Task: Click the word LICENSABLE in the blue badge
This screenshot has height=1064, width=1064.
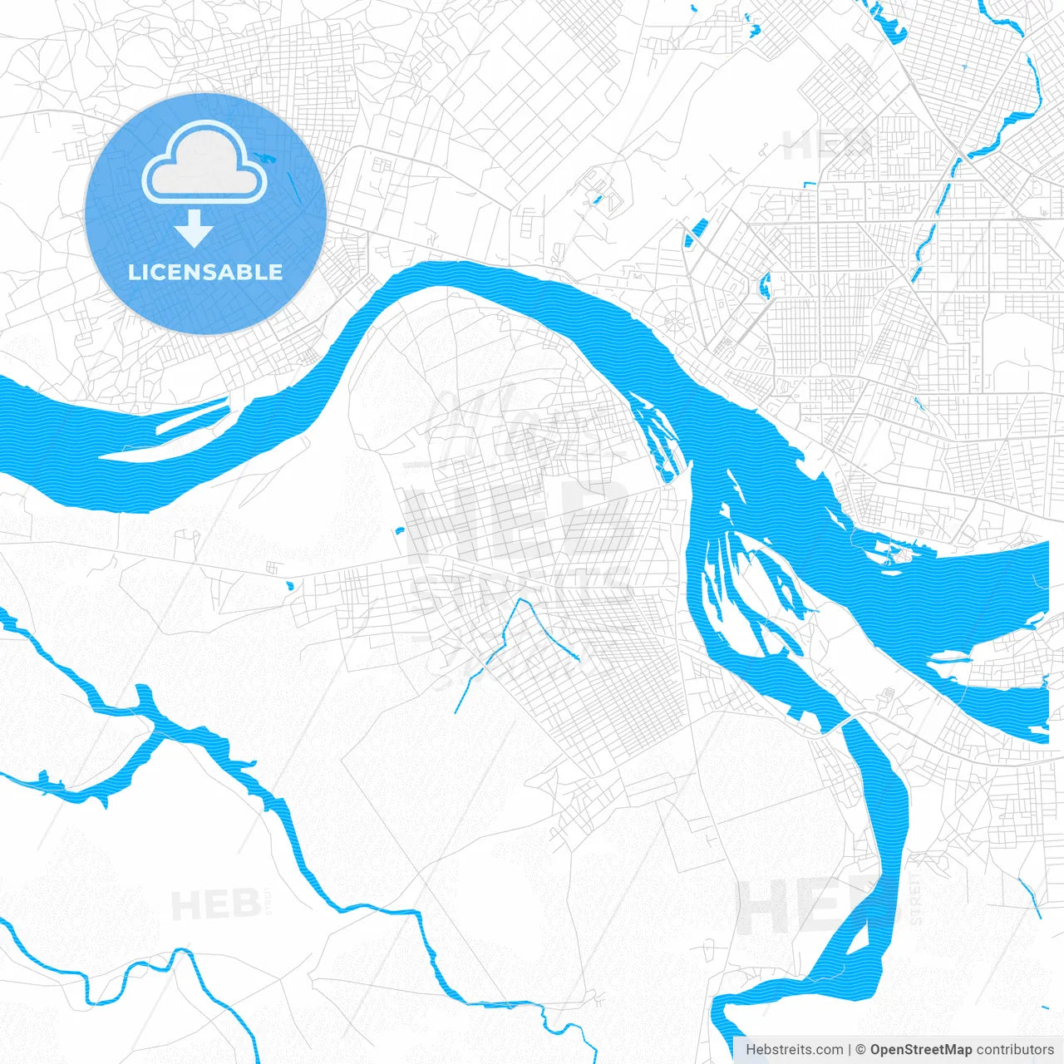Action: (205, 272)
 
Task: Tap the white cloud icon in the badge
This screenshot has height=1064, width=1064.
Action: (204, 164)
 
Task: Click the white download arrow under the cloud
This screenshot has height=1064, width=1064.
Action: (194, 229)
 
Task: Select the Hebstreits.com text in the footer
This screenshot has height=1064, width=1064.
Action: (794, 1049)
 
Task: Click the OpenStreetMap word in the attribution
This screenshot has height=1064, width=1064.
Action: (920, 1049)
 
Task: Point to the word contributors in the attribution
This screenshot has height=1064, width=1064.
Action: (1015, 1049)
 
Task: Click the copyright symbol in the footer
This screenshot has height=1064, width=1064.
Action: (861, 1049)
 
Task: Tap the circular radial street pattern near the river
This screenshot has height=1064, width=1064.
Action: (676, 318)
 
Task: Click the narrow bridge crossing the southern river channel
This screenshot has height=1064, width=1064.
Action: (840, 725)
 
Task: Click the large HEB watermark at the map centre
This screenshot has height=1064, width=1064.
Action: (515, 520)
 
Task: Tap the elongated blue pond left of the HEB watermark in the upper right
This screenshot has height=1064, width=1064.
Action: (695, 232)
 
